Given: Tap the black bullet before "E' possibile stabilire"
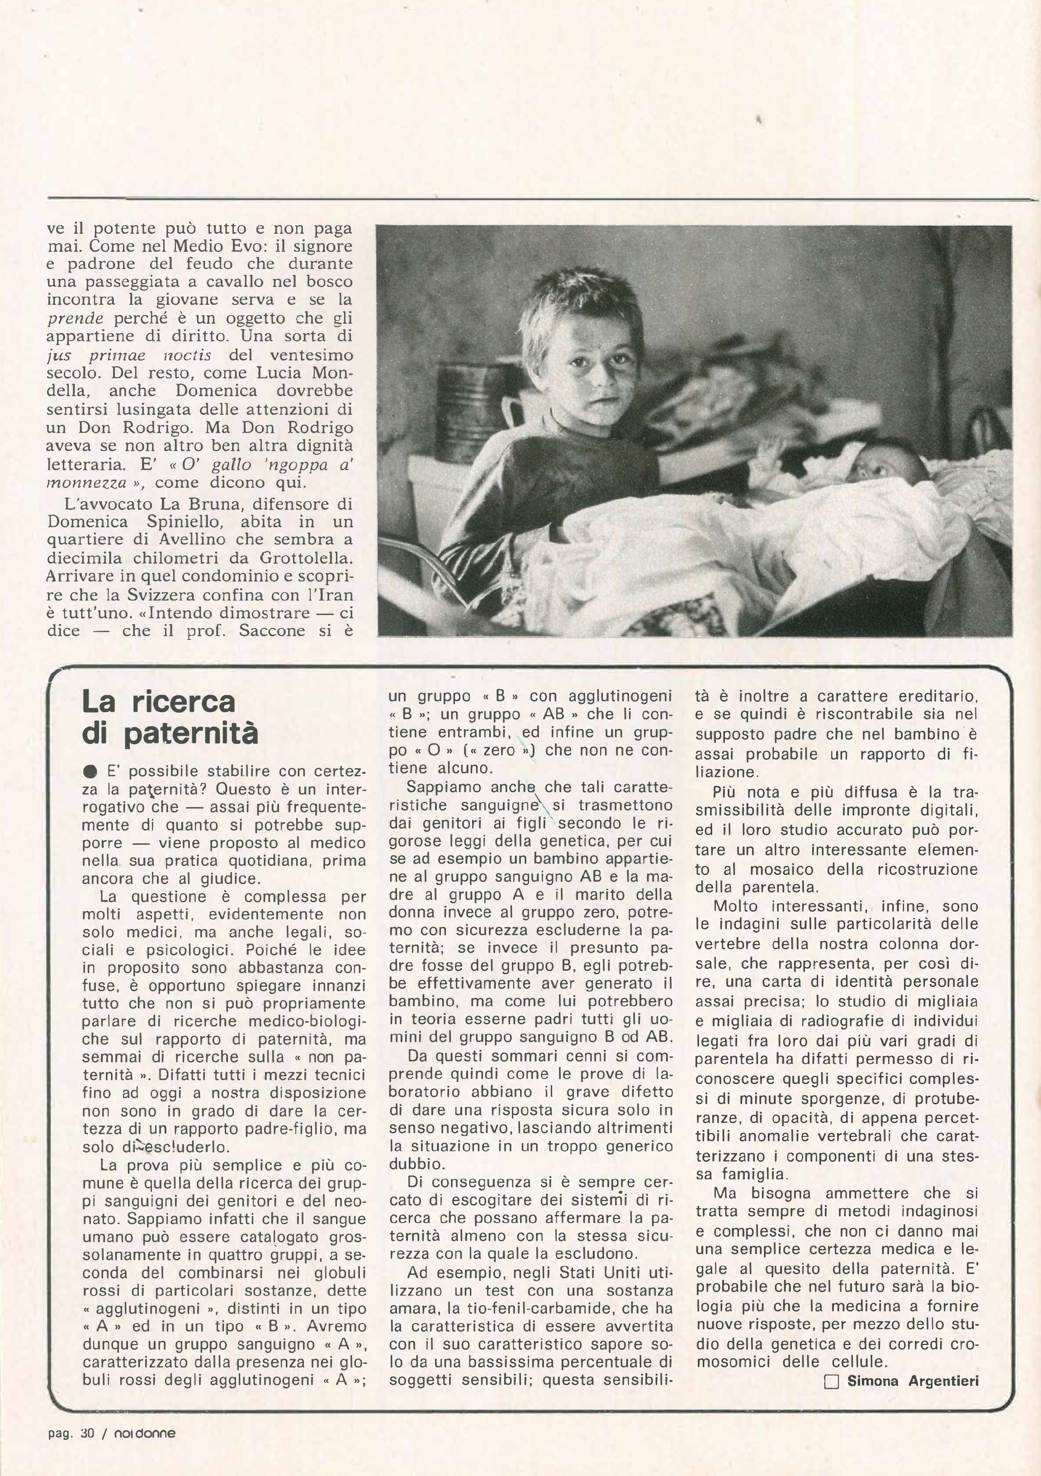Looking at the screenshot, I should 90,771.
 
